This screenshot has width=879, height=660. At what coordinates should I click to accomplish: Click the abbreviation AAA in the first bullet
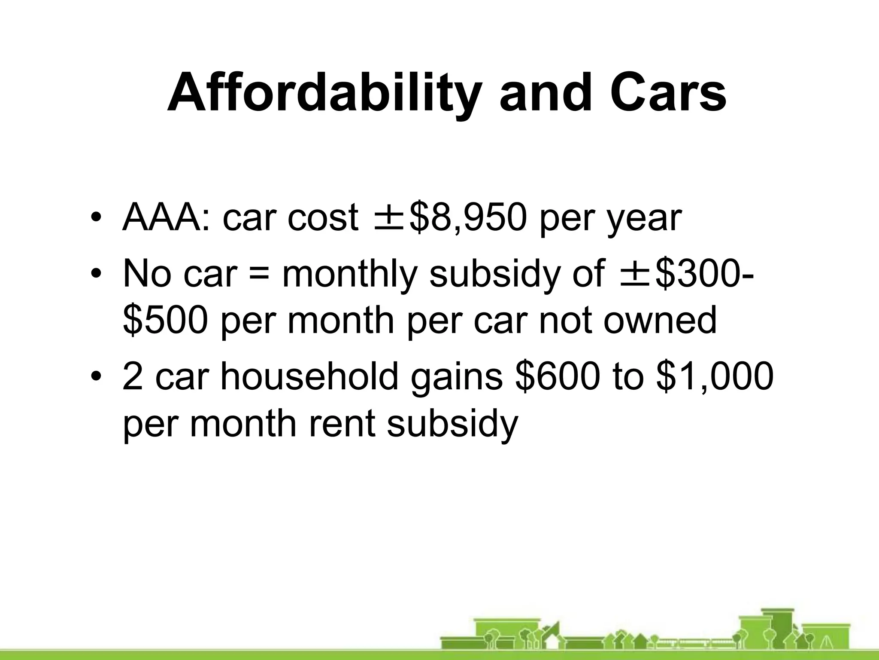tap(165, 218)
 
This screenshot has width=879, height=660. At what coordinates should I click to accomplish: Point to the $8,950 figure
tap(468, 218)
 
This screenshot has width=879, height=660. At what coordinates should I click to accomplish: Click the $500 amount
tap(165, 321)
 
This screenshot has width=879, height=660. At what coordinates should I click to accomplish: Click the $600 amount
tap(556, 376)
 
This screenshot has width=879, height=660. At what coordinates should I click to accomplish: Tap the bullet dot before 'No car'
tap(97, 275)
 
